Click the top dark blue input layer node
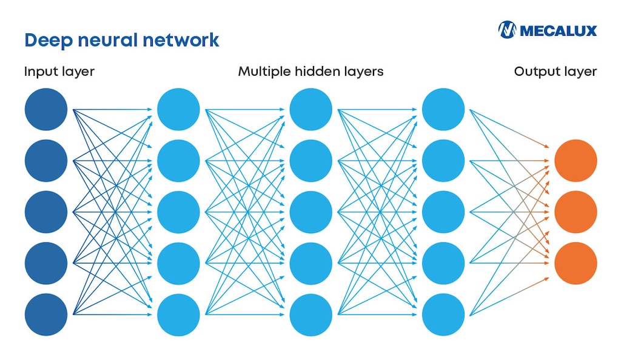click(46, 109)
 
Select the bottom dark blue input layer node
click(46, 315)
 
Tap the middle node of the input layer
click(46, 212)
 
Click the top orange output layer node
click(576, 161)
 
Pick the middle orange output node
click(576, 212)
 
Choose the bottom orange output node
click(576, 263)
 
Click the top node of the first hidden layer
click(178, 109)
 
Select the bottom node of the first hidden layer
click(178, 315)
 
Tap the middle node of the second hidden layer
click(310, 212)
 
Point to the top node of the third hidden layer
click(443, 109)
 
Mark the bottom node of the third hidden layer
click(443, 315)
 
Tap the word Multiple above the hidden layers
click(264, 72)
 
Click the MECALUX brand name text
click(558, 30)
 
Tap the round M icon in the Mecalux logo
click(507, 30)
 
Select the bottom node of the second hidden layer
click(310, 315)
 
